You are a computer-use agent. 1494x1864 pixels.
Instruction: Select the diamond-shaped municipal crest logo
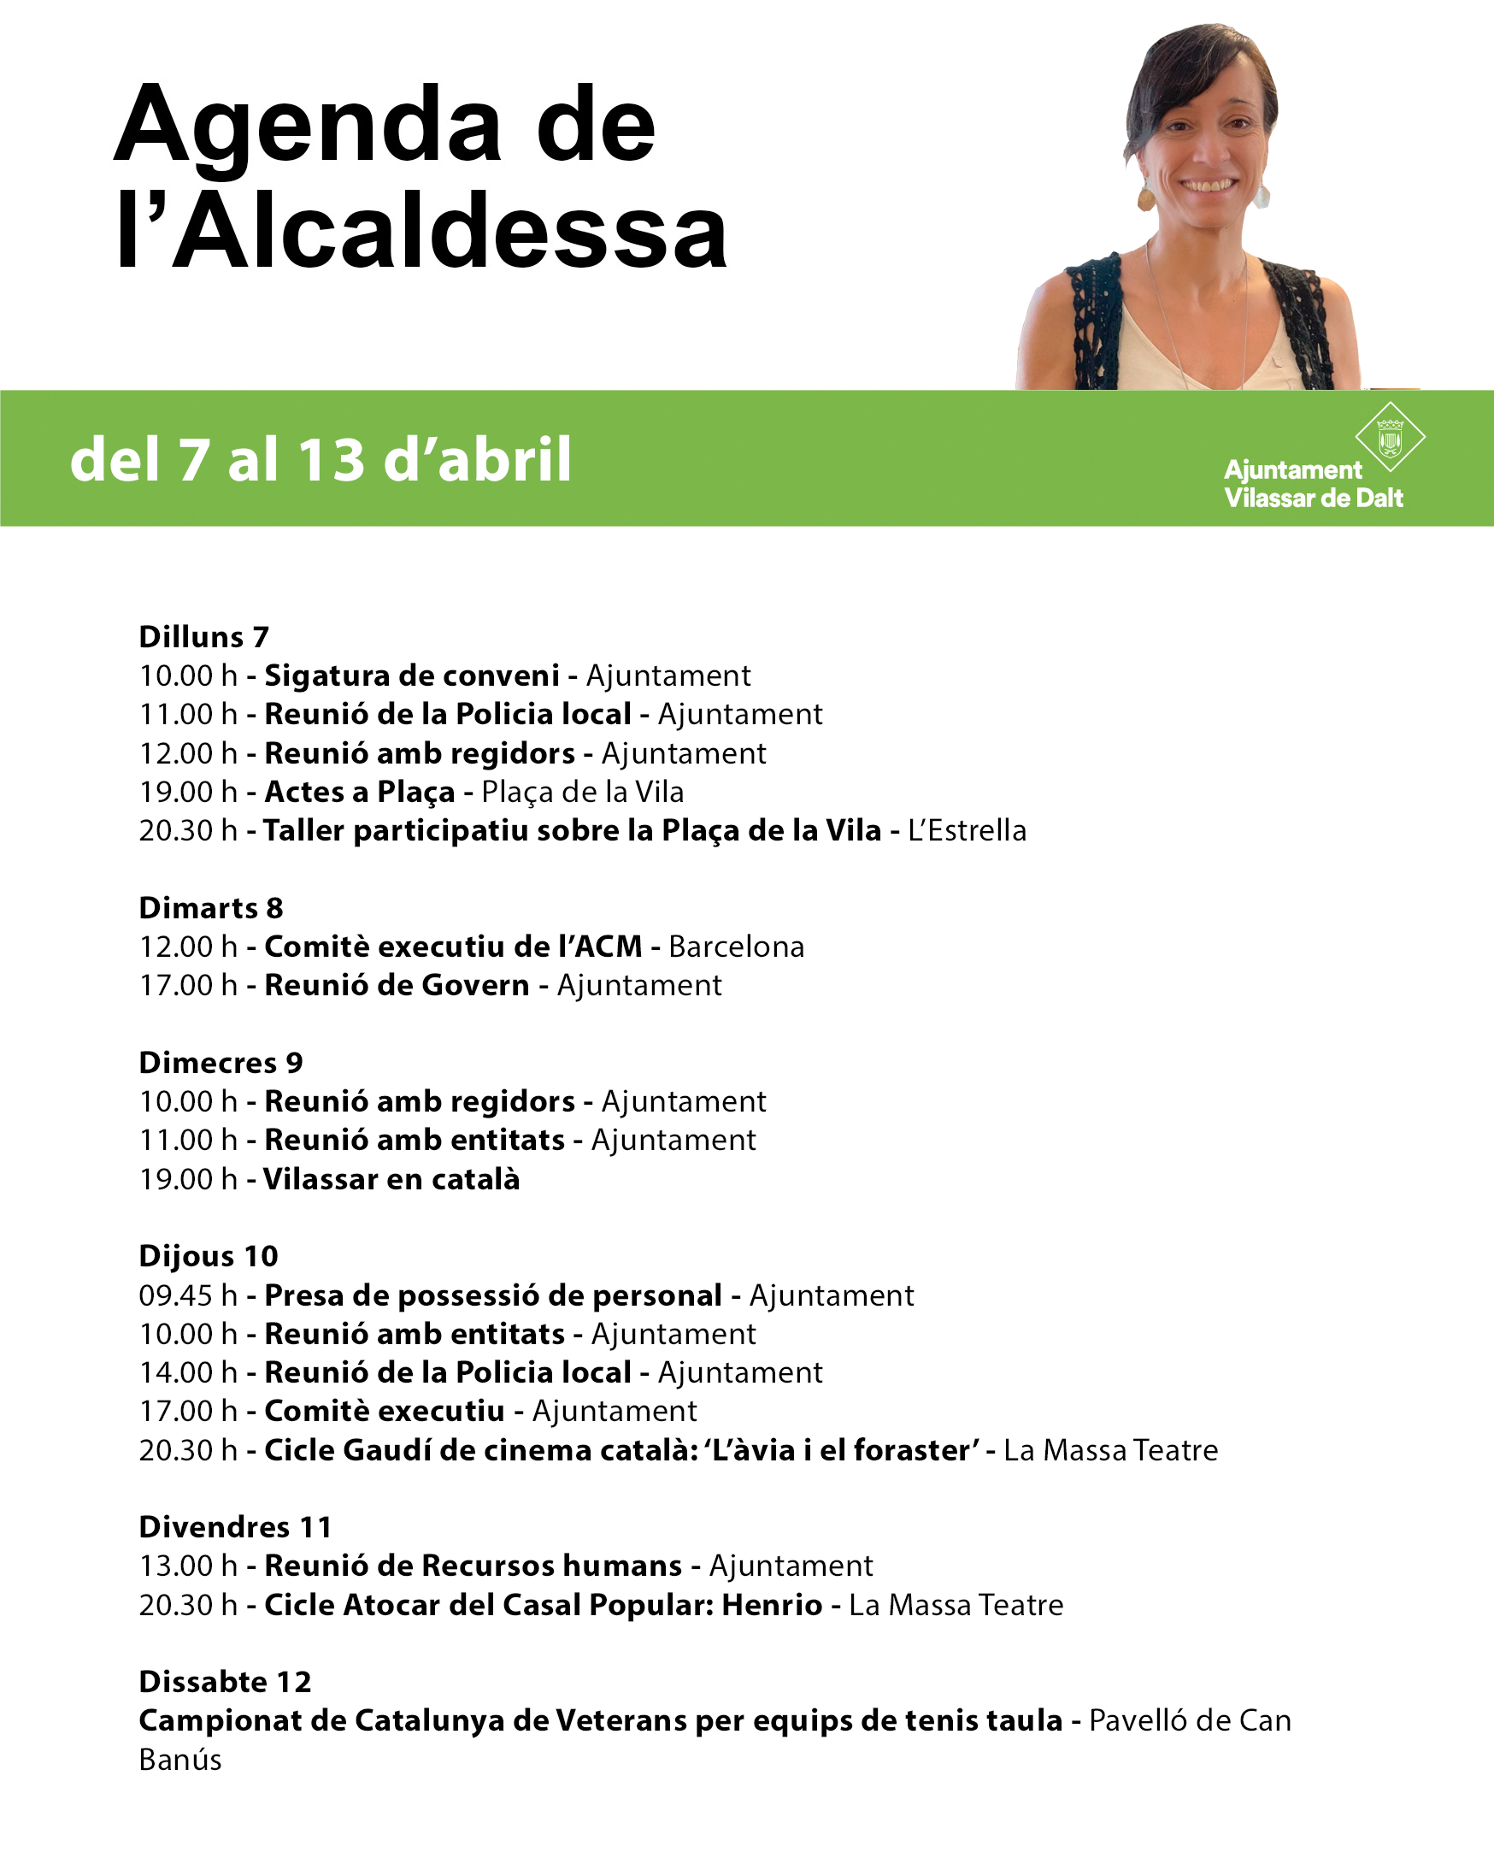1390,437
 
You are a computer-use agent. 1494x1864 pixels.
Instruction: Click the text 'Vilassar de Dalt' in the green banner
1313,498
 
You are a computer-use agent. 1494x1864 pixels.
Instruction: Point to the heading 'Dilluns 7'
204,637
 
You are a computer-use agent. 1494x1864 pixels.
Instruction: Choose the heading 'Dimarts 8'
211,908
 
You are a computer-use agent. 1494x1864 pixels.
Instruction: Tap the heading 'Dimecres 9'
221,1063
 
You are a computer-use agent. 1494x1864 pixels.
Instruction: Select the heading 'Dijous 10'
209,1256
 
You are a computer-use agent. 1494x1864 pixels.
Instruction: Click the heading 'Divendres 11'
235,1527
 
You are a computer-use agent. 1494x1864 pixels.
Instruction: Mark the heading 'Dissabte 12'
225,1682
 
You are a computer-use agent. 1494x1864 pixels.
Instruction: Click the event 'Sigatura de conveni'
412,675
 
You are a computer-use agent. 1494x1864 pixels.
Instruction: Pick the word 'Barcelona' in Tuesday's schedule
736,947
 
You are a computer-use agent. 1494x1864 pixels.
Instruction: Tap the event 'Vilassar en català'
391,1179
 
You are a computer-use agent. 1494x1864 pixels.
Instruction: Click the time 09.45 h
187,1295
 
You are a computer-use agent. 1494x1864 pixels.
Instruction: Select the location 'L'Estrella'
967,831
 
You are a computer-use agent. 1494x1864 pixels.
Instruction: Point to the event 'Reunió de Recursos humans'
473,1566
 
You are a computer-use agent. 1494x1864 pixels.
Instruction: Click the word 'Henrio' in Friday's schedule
772,1605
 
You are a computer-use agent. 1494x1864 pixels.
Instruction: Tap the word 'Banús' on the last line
180,1760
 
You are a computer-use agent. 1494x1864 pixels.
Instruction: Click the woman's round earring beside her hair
1147,198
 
